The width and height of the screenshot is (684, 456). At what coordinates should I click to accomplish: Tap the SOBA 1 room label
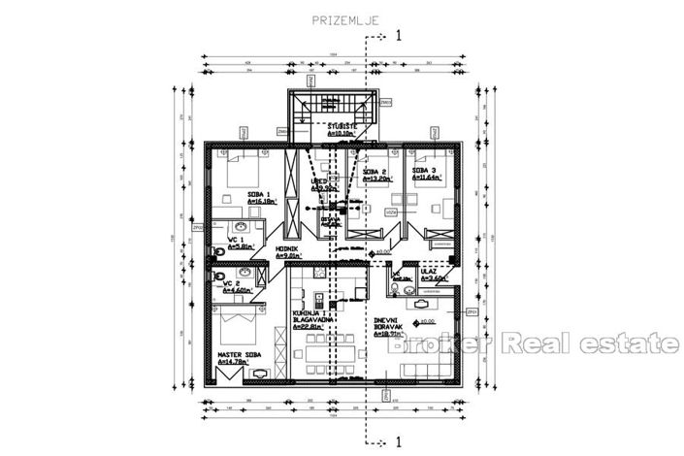click(x=259, y=195)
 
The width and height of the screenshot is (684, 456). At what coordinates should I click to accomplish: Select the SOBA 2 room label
click(x=375, y=170)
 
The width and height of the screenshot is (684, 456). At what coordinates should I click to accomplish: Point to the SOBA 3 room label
click(x=425, y=170)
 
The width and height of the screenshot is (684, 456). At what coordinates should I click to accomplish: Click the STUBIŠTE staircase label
click(x=340, y=126)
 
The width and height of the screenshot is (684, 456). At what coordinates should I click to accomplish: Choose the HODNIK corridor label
click(x=285, y=249)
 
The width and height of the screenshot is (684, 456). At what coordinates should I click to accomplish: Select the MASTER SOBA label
click(x=238, y=355)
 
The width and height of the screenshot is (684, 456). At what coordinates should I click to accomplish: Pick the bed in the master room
click(x=238, y=321)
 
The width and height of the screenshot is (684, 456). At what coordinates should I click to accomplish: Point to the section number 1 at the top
click(x=398, y=36)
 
